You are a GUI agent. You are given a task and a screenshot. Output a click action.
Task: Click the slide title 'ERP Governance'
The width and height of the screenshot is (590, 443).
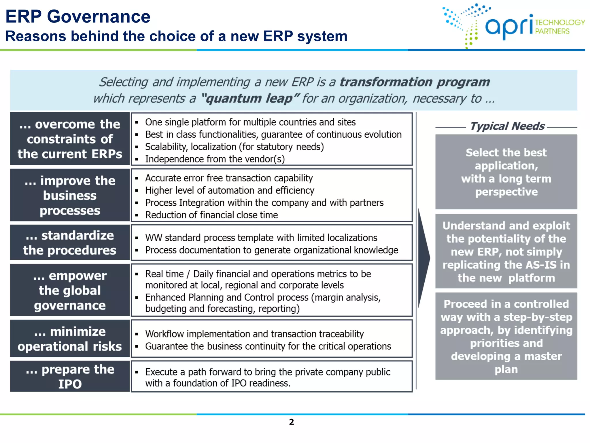click(78, 16)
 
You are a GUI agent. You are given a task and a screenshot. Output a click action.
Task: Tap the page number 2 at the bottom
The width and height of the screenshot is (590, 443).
click(291, 422)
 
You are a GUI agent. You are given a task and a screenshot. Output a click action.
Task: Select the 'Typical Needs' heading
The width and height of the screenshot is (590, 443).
click(507, 126)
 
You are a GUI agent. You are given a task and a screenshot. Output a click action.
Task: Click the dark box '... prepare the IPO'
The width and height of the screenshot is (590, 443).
click(70, 376)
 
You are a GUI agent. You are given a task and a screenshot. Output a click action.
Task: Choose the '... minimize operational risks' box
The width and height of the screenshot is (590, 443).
click(70, 339)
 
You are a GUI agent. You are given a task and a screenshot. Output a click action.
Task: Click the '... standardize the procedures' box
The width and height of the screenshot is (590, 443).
click(70, 243)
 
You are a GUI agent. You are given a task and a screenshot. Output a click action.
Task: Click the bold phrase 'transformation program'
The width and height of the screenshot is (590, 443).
click(414, 82)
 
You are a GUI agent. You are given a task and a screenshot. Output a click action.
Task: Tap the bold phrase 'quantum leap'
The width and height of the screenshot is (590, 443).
click(249, 99)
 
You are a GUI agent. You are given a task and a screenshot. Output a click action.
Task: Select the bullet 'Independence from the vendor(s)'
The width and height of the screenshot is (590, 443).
click(215, 159)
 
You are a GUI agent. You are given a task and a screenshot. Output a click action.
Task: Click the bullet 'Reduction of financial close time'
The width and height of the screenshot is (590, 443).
click(211, 215)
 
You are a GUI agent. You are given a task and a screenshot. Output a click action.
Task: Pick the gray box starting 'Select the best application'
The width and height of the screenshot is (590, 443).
click(506, 172)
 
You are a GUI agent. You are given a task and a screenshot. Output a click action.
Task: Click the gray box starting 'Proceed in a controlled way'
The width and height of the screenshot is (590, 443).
click(506, 336)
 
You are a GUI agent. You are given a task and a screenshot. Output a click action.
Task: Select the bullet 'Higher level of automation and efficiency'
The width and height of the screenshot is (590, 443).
click(229, 190)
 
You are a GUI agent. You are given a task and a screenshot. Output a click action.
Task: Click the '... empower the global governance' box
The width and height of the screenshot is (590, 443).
click(70, 290)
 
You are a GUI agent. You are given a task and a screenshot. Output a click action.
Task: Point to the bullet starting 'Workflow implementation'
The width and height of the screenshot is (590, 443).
click(254, 334)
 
